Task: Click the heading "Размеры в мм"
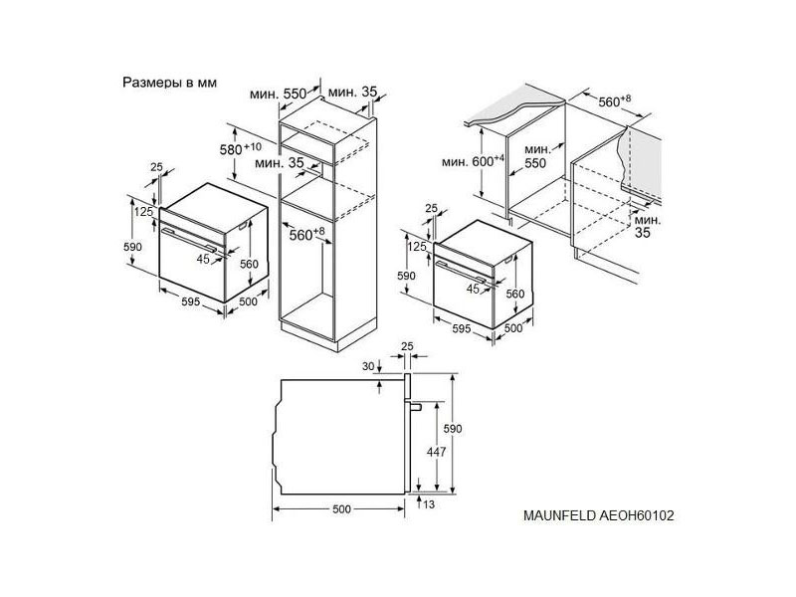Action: (x=169, y=83)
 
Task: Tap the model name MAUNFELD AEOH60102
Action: (x=599, y=515)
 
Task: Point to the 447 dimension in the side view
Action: (x=436, y=452)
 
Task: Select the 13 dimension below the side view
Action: (x=429, y=504)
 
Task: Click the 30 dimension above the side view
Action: (x=368, y=366)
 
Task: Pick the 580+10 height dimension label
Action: (x=241, y=148)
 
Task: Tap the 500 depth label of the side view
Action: (x=341, y=509)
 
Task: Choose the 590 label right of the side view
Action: (x=453, y=429)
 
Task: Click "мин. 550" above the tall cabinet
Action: (x=279, y=94)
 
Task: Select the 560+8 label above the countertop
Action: (x=615, y=101)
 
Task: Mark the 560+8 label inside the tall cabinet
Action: (x=306, y=234)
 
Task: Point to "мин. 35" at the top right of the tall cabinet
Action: (x=353, y=92)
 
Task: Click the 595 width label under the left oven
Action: (x=190, y=301)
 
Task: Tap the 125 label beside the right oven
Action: (x=417, y=247)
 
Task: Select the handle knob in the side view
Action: (x=414, y=406)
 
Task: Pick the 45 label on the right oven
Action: (x=474, y=289)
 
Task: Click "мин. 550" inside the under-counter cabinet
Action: (x=536, y=156)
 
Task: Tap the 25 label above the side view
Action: (x=407, y=346)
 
